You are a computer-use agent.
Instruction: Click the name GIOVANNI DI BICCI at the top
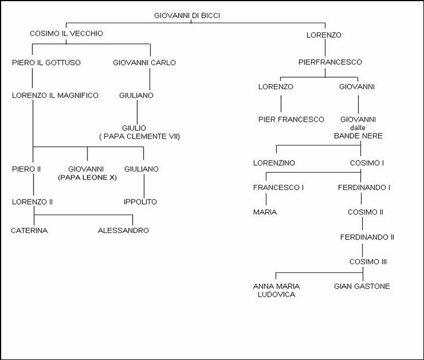tap(187, 16)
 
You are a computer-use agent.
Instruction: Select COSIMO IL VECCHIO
tap(66, 34)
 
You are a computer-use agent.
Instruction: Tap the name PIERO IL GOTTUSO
tap(46, 63)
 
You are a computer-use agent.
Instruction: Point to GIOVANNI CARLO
tap(144, 63)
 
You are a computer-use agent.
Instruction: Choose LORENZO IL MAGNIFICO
tap(55, 96)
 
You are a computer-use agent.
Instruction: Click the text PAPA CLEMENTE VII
tap(141, 136)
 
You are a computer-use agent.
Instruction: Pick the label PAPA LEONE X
tap(87, 177)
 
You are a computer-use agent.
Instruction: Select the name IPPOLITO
tap(140, 202)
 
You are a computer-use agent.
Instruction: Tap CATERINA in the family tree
tap(29, 231)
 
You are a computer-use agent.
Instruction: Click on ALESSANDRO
tap(123, 231)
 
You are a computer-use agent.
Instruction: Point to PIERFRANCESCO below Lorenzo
tap(330, 62)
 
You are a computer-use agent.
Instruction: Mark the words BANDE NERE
tap(358, 136)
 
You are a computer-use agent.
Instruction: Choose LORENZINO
tap(274, 163)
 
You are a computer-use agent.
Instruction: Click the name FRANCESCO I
tap(278, 188)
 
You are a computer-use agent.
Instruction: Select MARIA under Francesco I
tap(265, 212)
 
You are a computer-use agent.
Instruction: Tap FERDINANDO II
tap(367, 237)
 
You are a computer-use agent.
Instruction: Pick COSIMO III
tap(368, 262)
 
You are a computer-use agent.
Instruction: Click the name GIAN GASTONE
tap(362, 286)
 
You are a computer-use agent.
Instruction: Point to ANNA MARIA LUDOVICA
tap(276, 290)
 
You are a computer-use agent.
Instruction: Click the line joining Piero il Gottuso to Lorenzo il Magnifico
tap(32, 79)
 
